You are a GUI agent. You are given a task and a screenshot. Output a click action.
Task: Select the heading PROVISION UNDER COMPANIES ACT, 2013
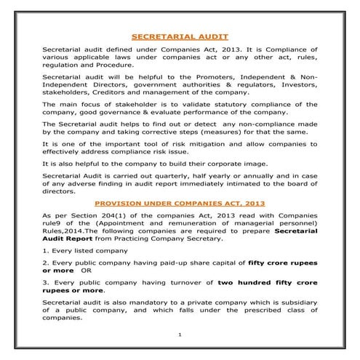pyautogui.click(x=180, y=204)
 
